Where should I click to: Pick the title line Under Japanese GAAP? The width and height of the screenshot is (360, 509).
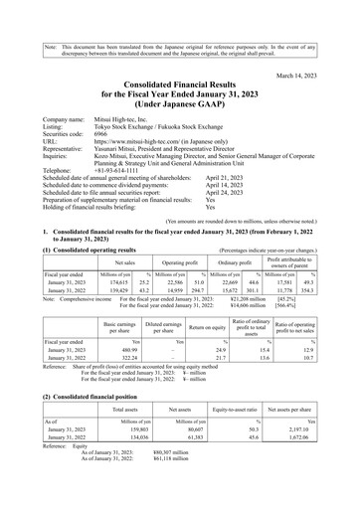pyautogui.click(x=179, y=99)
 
